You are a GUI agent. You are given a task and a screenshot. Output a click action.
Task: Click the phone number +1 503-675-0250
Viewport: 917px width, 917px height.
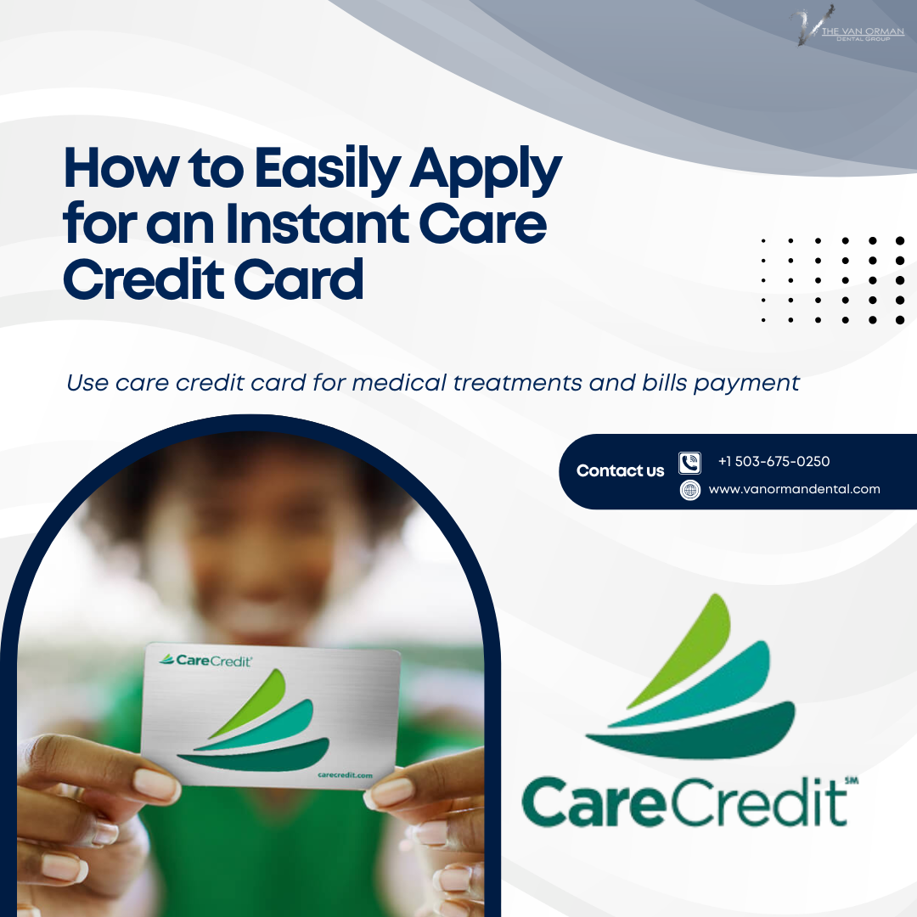tap(774, 462)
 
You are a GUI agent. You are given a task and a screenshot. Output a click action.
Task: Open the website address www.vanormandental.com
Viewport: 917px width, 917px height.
tap(794, 489)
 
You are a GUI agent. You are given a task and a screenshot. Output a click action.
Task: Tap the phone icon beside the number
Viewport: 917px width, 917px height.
tap(690, 463)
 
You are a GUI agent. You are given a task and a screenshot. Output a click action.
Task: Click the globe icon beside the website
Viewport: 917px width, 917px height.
tap(690, 490)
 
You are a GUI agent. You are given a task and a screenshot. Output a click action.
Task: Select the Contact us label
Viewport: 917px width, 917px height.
tap(620, 471)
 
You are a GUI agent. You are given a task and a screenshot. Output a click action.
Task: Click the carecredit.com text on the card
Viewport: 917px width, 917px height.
tap(345, 775)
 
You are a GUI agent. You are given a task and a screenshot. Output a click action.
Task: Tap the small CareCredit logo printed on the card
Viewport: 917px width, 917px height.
tap(206, 659)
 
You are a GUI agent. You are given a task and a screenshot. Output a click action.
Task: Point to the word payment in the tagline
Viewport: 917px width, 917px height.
tap(746, 383)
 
